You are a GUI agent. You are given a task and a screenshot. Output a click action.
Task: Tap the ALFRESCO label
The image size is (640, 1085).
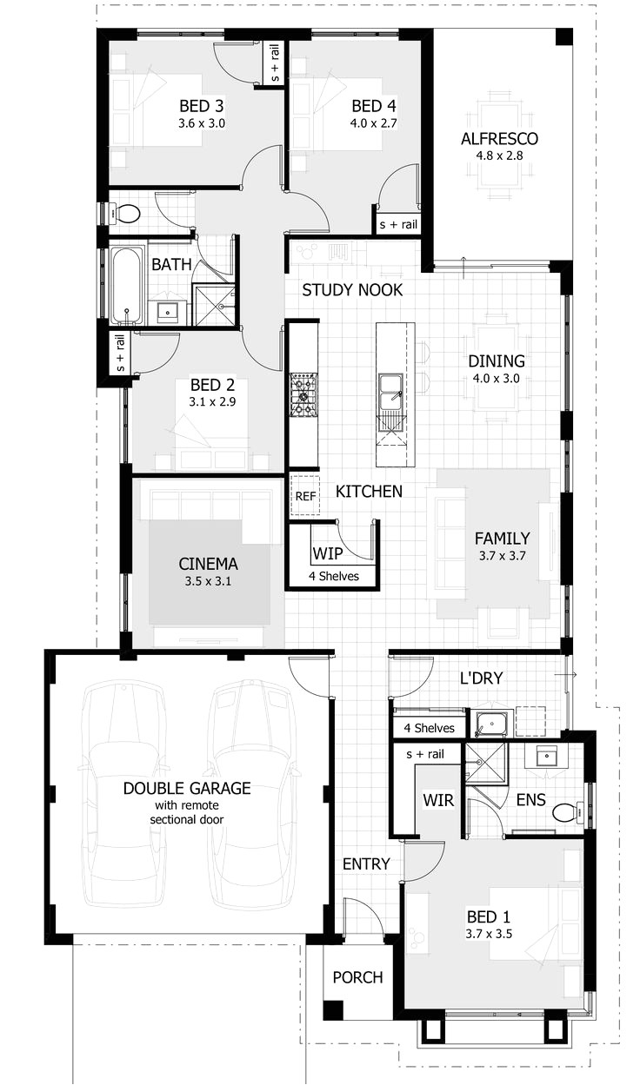pyautogui.click(x=499, y=139)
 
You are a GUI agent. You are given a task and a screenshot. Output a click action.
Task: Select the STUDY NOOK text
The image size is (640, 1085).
pyautogui.click(x=352, y=290)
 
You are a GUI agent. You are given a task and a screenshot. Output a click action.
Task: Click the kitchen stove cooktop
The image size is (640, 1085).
pyautogui.click(x=303, y=394)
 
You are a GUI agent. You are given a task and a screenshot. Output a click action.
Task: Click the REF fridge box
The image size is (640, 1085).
pyautogui.click(x=304, y=496)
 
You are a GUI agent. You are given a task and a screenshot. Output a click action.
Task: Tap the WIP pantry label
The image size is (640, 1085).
pyautogui.click(x=328, y=553)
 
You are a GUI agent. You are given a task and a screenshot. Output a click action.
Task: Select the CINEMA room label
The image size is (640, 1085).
pyautogui.click(x=208, y=563)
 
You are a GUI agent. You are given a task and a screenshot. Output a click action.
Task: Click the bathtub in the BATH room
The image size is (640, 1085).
pyautogui.click(x=127, y=286)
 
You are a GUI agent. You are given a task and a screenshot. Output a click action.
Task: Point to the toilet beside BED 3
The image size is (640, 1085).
pyautogui.click(x=127, y=213)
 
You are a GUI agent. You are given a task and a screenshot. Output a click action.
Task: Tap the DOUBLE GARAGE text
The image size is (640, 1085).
pyautogui.click(x=187, y=789)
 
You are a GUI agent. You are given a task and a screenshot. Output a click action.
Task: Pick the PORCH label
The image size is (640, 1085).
pyautogui.click(x=357, y=977)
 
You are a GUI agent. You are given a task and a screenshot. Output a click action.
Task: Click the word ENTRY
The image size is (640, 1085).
pyautogui.click(x=366, y=863)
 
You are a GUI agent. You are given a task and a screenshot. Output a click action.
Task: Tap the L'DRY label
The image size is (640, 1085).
pyautogui.click(x=482, y=678)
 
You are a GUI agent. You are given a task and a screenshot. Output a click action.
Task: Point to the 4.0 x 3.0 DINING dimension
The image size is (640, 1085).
pyautogui.click(x=497, y=379)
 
